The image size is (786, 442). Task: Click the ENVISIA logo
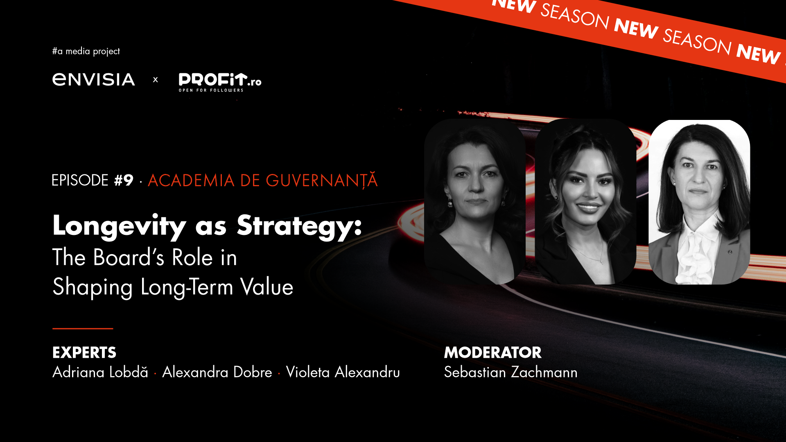[x=93, y=79]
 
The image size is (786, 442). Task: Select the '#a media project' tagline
[x=86, y=51]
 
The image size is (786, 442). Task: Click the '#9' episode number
[x=124, y=180]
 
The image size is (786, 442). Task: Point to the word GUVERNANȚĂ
[x=322, y=180]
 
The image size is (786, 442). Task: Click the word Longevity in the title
[x=119, y=226]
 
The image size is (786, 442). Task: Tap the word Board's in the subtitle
[x=129, y=257]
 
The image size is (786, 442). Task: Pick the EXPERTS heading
[x=84, y=352]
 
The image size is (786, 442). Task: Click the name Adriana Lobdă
[x=100, y=372]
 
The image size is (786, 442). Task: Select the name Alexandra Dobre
[x=217, y=372]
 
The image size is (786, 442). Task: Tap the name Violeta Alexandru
[x=343, y=372]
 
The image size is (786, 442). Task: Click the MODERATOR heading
[x=493, y=352]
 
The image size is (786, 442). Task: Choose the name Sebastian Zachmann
[x=511, y=372]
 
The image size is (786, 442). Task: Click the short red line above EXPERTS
[x=83, y=328]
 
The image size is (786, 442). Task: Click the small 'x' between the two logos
[x=156, y=80]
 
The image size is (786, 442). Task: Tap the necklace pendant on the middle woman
[x=601, y=261]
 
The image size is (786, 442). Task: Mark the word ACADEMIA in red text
[x=191, y=180]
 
